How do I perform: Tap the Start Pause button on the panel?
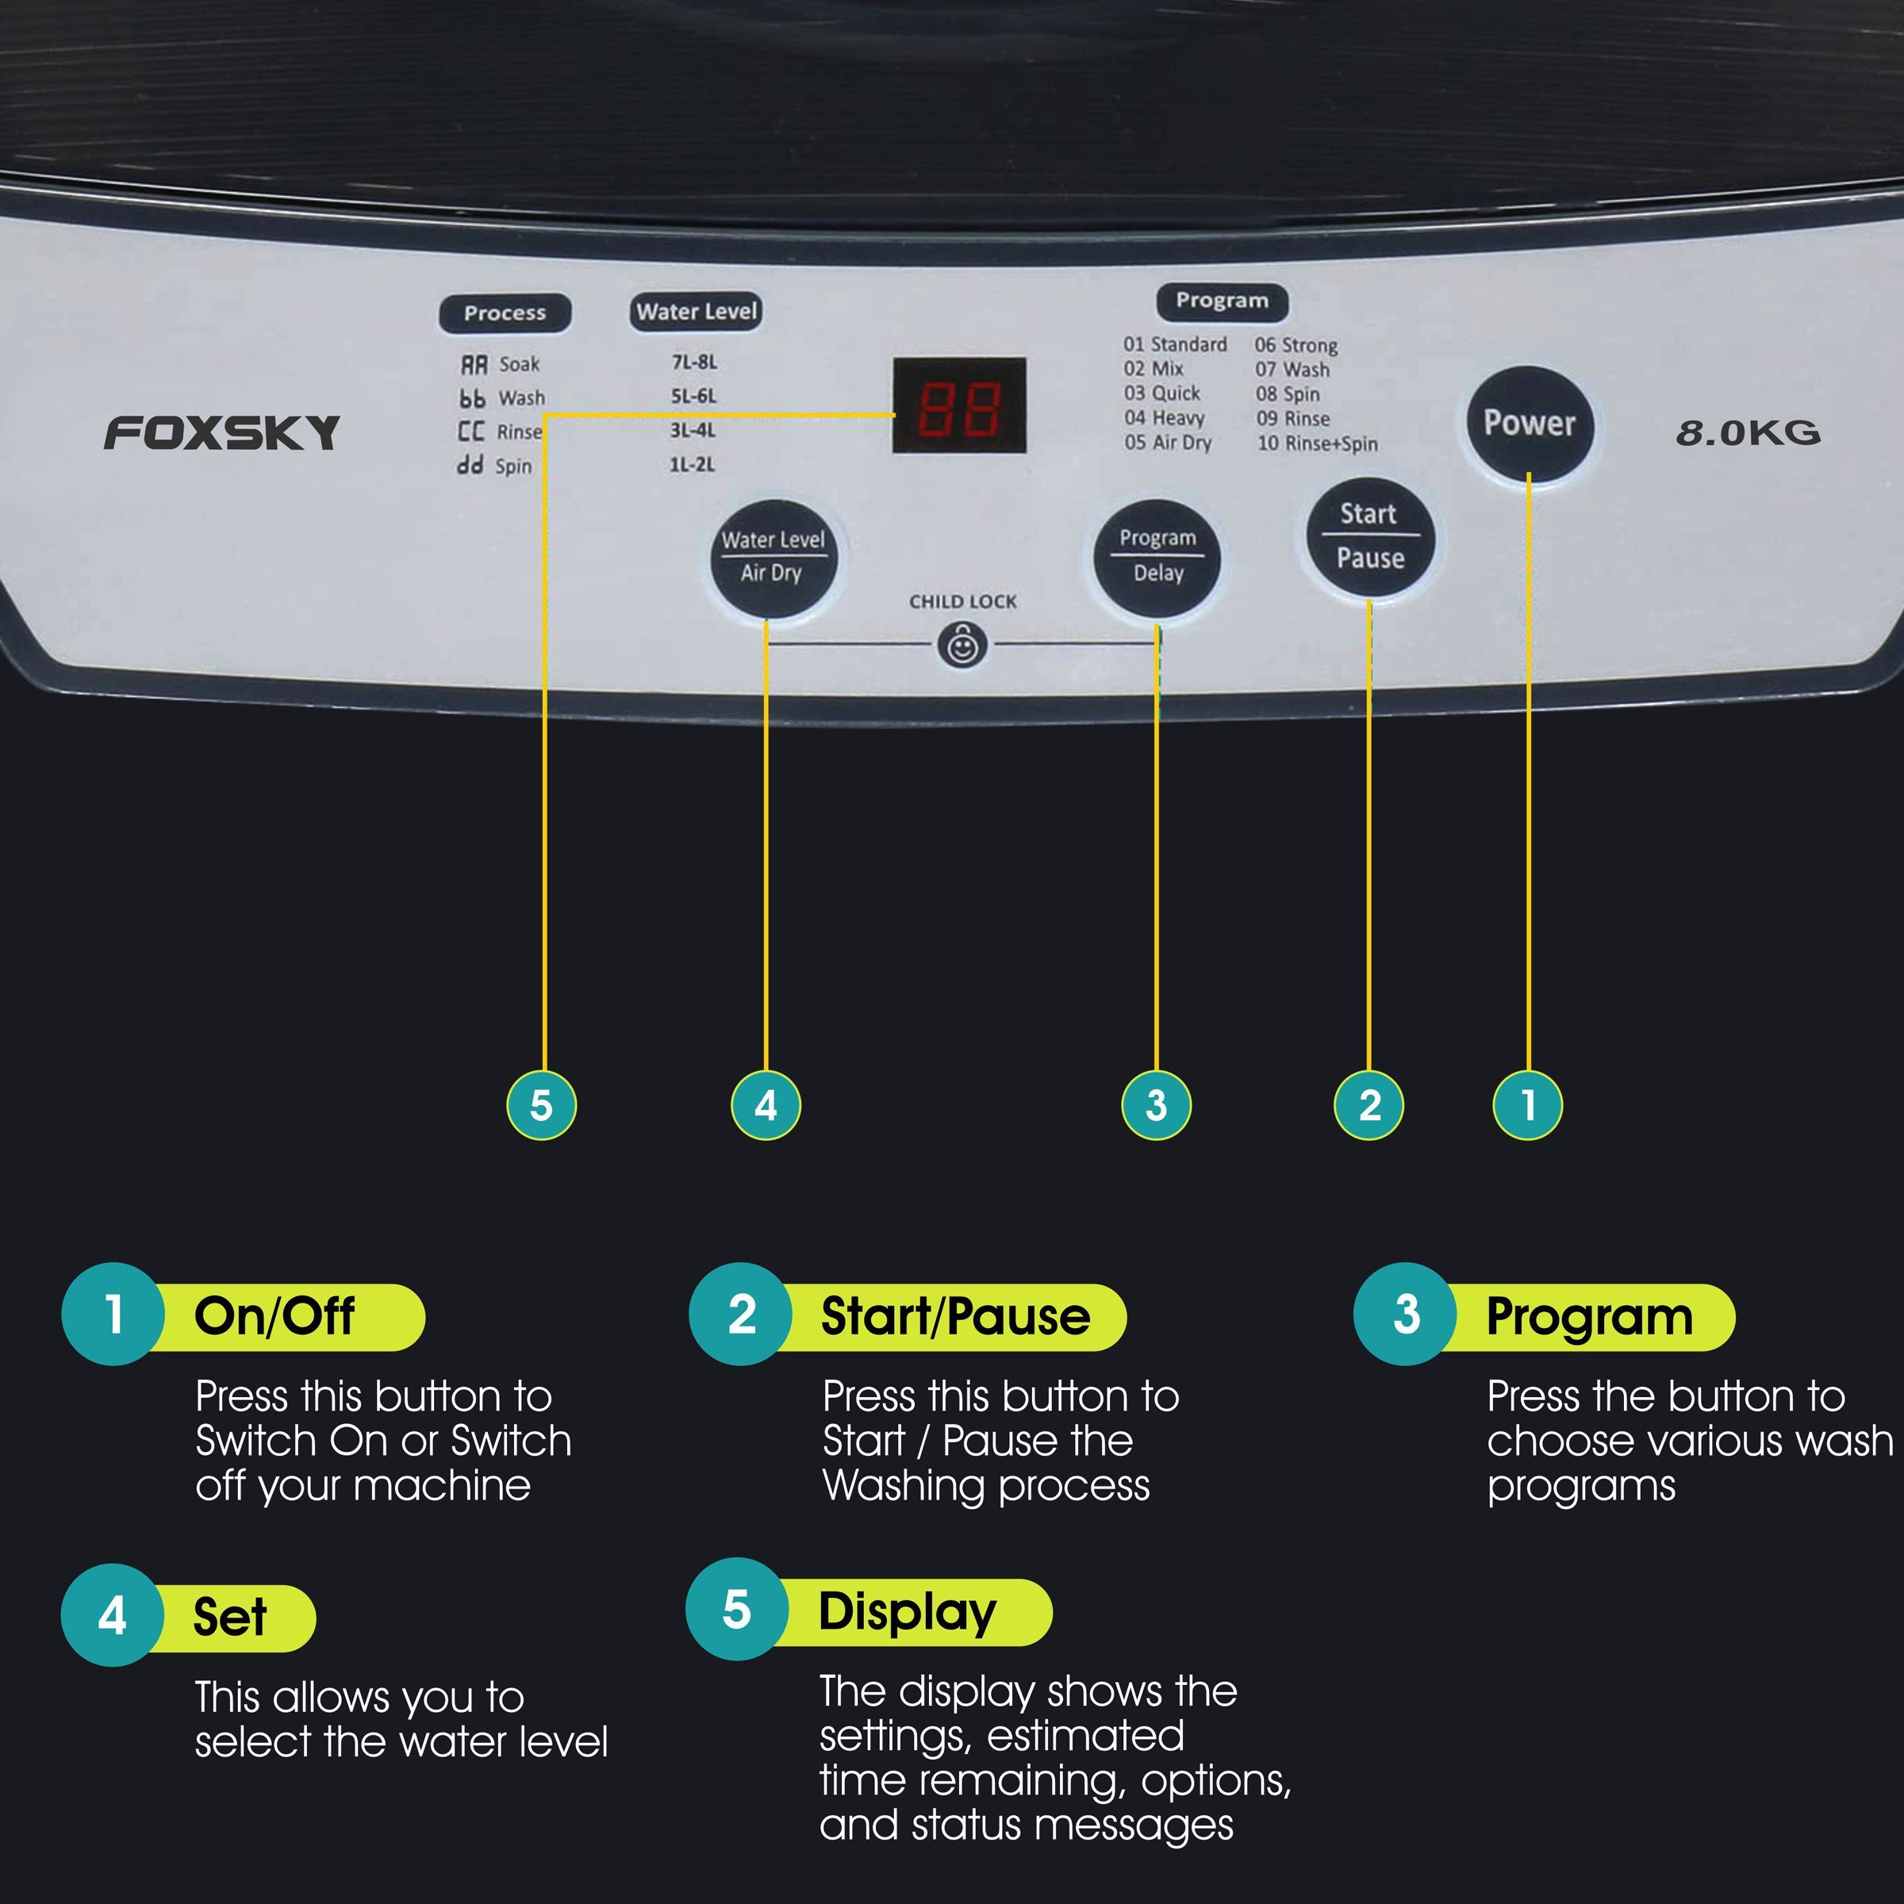click(x=1370, y=536)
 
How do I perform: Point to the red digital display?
click(x=959, y=405)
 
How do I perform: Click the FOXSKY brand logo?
click(x=222, y=432)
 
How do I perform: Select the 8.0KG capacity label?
click(x=1747, y=432)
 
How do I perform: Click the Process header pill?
click(x=505, y=313)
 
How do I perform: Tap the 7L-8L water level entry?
click(x=695, y=362)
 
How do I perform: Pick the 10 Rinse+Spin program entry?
click(x=1317, y=443)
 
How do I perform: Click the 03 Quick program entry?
click(x=1162, y=393)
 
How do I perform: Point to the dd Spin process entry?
click(x=495, y=465)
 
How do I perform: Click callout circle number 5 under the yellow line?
click(x=541, y=1105)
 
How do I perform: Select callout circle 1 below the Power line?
click(x=1527, y=1105)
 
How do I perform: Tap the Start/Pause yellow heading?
click(x=956, y=1317)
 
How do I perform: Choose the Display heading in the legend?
click(x=908, y=1611)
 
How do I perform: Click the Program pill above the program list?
click(x=1221, y=301)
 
